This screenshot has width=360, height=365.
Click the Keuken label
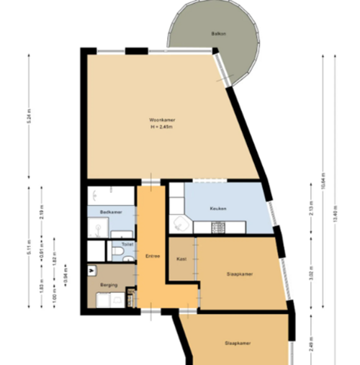[x=217, y=209]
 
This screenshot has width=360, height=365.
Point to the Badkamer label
[x=110, y=213]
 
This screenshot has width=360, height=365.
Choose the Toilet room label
[x=127, y=245]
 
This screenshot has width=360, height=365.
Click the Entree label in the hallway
[x=152, y=256]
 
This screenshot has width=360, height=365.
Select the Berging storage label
[x=109, y=284]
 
